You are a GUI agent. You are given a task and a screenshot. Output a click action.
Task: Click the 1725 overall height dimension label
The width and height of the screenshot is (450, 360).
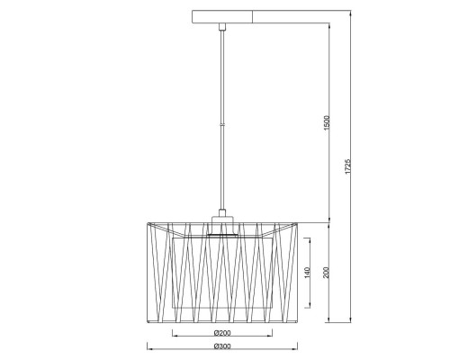tap(347, 166)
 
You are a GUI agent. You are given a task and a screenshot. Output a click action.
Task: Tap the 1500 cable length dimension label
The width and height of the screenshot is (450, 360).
tap(327, 122)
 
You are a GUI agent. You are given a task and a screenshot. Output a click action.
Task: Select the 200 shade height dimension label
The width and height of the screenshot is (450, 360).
tap(327, 273)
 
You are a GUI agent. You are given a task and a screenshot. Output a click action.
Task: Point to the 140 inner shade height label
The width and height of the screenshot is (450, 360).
tap(308, 273)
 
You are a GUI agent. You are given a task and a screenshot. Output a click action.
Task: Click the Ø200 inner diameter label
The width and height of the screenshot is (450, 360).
tap(222, 333)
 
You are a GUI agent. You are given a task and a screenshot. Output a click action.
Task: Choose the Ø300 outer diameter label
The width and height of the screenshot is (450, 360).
tap(222, 346)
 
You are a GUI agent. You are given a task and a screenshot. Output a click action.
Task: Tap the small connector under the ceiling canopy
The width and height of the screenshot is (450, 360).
tap(222, 27)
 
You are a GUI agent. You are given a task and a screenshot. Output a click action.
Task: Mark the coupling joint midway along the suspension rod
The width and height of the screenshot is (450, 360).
tap(222, 124)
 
